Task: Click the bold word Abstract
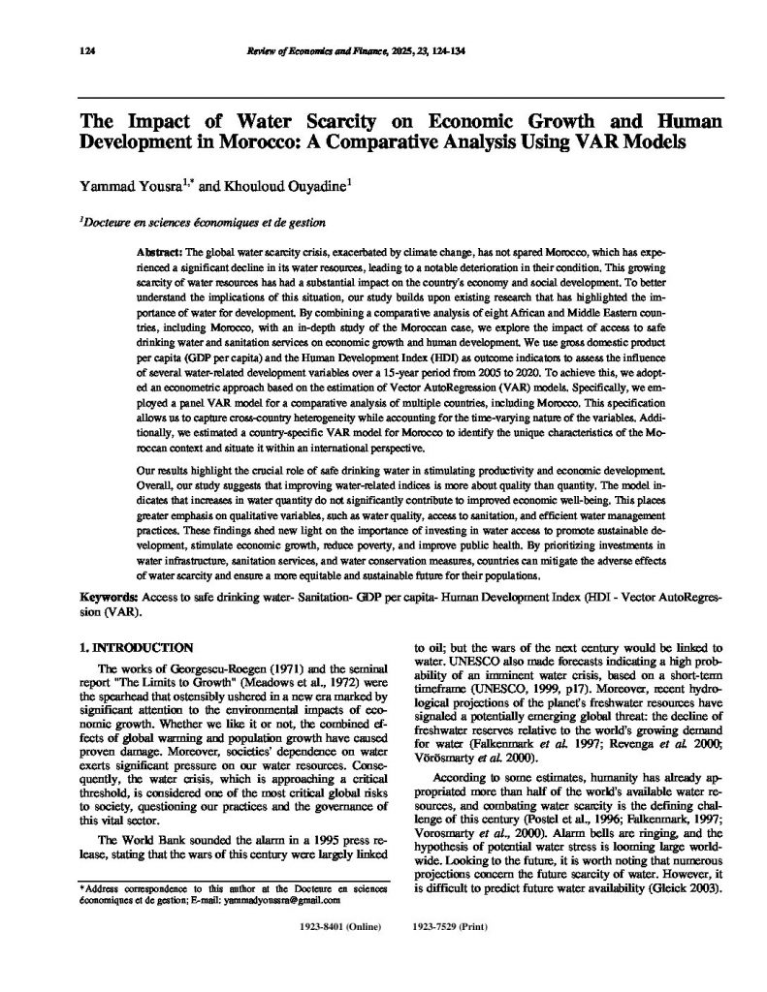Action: pyautogui.click(x=161, y=251)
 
